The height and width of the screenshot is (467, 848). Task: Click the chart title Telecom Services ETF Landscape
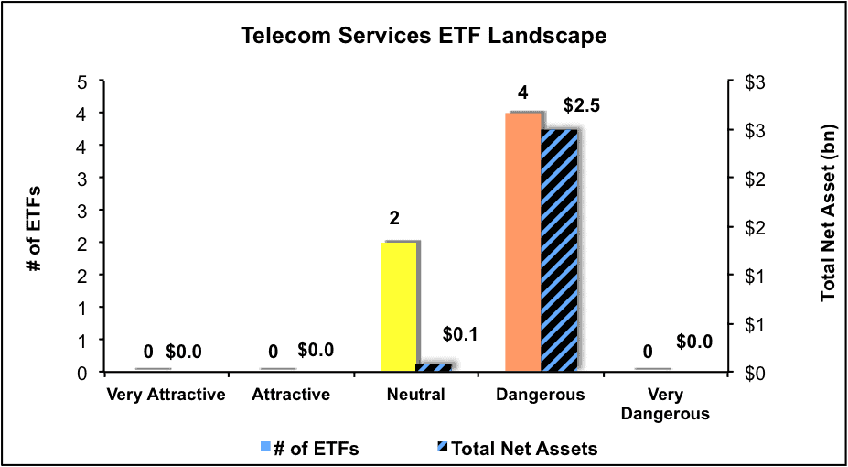pos(424,37)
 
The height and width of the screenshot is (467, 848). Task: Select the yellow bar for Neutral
pos(399,306)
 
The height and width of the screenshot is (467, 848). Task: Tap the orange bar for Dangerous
pos(523,242)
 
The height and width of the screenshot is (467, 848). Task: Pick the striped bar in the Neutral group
pos(434,367)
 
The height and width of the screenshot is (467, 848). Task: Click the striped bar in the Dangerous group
pos(559,251)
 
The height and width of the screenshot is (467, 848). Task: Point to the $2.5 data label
pos(582,105)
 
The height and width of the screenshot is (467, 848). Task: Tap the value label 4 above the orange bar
pos(522,93)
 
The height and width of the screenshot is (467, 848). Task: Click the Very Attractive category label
pos(166,395)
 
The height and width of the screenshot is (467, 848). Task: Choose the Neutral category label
pos(416,395)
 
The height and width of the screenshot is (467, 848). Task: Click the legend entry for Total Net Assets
pos(518,449)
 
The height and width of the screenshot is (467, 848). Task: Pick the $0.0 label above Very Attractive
pos(184,352)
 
